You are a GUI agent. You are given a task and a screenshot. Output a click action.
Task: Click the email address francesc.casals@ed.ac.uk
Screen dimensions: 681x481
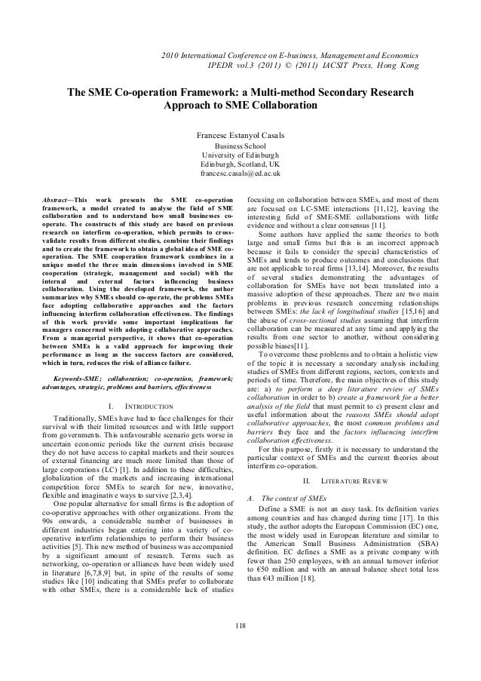point(240,174)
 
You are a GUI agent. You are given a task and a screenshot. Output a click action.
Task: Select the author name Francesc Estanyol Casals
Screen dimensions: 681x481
point(240,136)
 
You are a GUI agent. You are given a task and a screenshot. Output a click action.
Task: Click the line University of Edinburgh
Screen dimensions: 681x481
point(240,155)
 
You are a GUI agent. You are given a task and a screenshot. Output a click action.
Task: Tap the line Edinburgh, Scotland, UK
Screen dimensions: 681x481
point(240,164)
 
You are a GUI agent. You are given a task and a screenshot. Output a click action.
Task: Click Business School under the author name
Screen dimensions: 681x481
point(240,146)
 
